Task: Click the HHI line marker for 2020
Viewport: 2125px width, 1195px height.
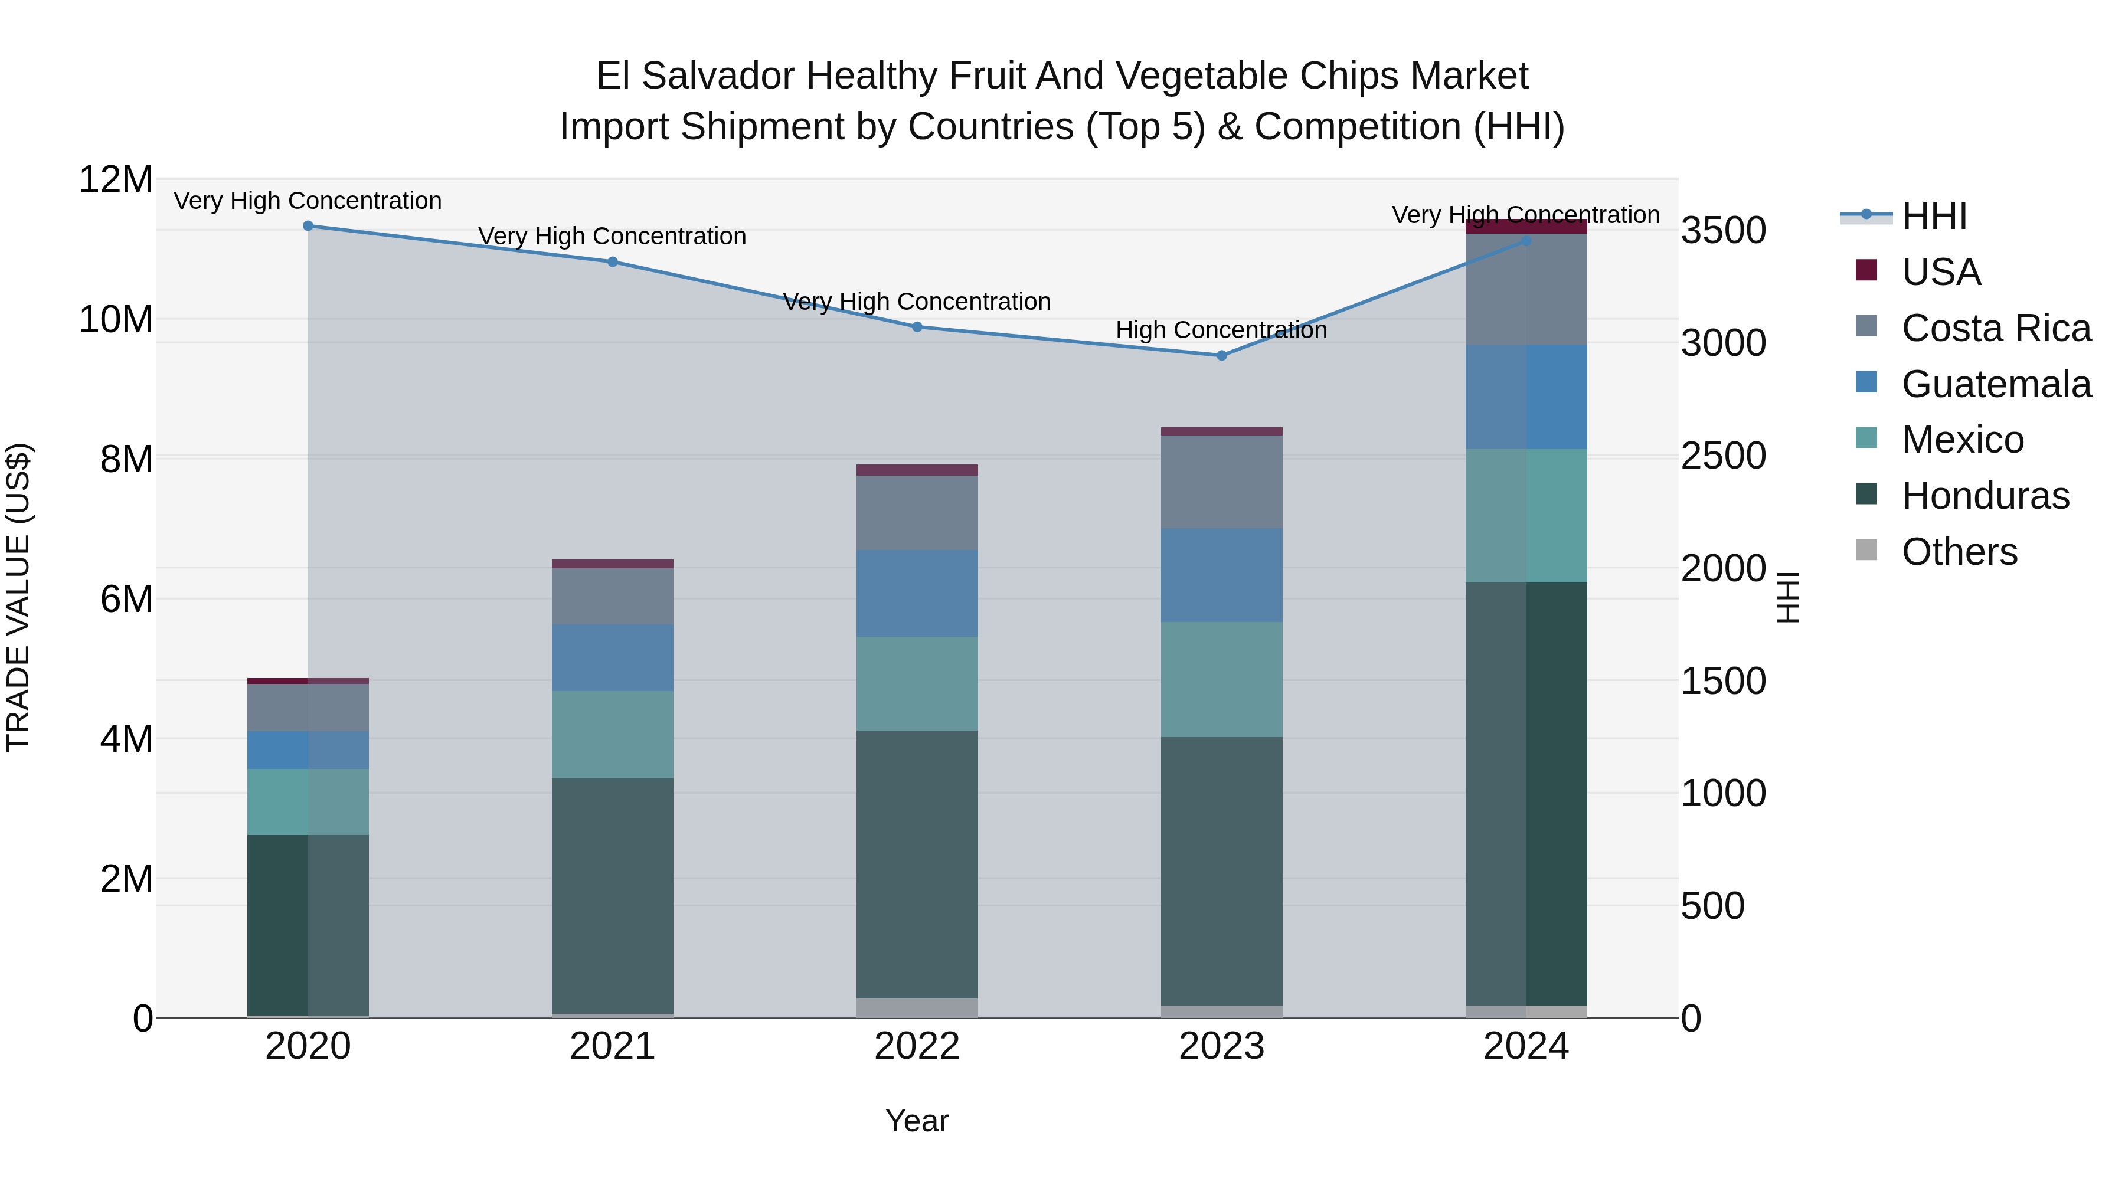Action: pyautogui.click(x=308, y=225)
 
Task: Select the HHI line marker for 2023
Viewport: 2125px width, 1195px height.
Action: pyautogui.click(x=1222, y=355)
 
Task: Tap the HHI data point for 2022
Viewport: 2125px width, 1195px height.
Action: pyautogui.click(x=917, y=326)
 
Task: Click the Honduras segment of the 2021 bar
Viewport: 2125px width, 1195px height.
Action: pyautogui.click(x=612, y=895)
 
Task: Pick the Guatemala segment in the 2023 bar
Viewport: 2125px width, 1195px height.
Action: pyautogui.click(x=1222, y=575)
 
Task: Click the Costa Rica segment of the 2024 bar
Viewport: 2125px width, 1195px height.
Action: pyautogui.click(x=1526, y=290)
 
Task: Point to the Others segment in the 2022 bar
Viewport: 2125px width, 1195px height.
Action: pyautogui.click(x=917, y=1008)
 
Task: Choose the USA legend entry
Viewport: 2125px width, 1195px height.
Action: pyautogui.click(x=1940, y=272)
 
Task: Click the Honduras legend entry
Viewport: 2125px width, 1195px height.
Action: pyautogui.click(x=1985, y=496)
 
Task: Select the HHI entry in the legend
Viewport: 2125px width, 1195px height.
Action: pyautogui.click(x=1934, y=216)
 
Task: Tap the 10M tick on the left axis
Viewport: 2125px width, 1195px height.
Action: pyautogui.click(x=116, y=319)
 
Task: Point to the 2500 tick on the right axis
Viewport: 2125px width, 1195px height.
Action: pyautogui.click(x=1723, y=456)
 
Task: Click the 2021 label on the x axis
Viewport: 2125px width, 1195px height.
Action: pyautogui.click(x=612, y=1046)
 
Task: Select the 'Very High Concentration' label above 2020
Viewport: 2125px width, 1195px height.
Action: pyautogui.click(x=308, y=201)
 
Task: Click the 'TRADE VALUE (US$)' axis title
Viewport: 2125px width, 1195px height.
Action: pyautogui.click(x=18, y=597)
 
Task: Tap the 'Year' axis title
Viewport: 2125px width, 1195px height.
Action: pyautogui.click(x=917, y=1121)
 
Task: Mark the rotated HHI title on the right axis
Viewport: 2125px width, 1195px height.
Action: pyautogui.click(x=1787, y=597)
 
